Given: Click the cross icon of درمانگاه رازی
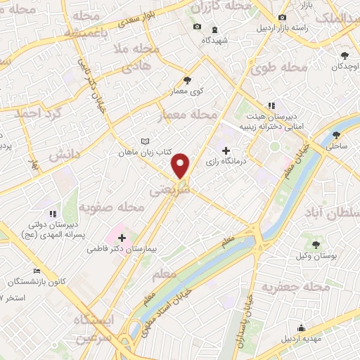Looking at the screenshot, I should (x=226, y=150).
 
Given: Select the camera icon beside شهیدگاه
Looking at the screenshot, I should (x=197, y=27).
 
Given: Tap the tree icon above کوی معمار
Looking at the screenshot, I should (x=186, y=80).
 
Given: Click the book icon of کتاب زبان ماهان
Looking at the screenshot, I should (x=145, y=141).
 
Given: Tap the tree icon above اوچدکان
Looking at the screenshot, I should (x=344, y=56).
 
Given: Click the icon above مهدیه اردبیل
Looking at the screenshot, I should (x=302, y=327).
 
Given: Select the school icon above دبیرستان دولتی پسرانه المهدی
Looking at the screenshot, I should (x=51, y=213).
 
